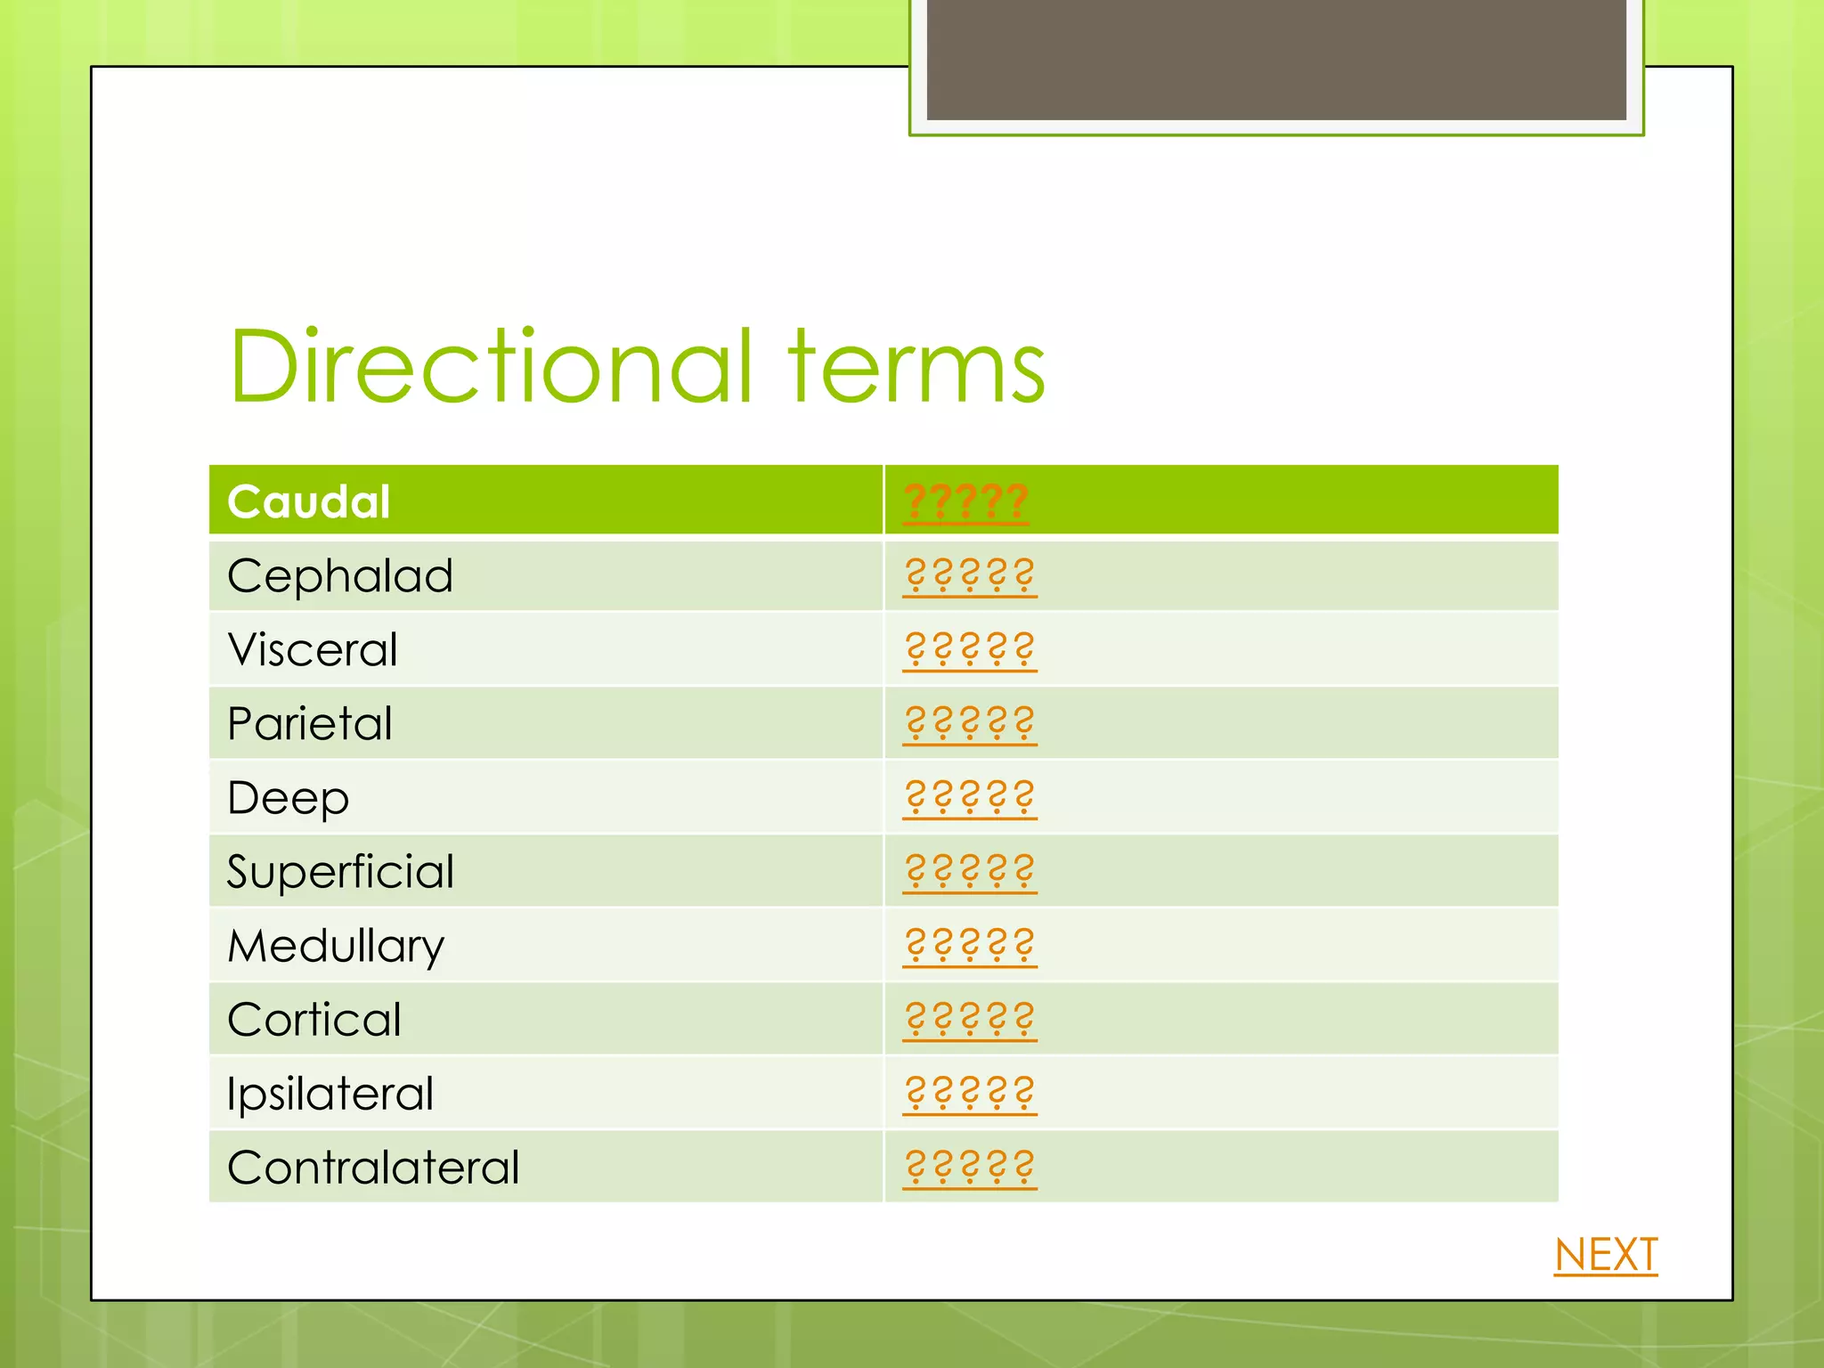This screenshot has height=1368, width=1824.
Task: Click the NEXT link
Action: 1605,1255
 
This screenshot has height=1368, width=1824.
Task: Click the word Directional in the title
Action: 491,366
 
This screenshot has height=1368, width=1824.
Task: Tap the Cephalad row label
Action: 339,576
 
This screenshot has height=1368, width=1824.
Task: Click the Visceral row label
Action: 312,649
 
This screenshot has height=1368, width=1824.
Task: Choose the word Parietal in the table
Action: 309,723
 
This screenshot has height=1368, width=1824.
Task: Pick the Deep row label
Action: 288,798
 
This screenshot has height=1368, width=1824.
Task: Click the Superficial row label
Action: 339,871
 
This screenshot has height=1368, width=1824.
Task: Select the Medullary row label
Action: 335,946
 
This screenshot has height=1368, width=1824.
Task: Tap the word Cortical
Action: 313,1020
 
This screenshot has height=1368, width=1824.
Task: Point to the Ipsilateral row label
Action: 330,1094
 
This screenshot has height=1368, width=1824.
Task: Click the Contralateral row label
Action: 372,1168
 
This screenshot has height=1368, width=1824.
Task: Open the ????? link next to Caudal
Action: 965,501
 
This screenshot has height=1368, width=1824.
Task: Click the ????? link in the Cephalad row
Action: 969,575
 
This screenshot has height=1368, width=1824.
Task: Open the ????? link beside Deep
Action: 969,797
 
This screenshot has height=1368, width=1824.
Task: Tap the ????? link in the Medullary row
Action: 969,945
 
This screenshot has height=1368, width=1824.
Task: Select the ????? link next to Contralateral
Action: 969,1167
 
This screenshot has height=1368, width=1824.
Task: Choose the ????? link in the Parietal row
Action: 969,723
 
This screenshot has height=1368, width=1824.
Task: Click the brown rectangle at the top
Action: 1275,59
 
